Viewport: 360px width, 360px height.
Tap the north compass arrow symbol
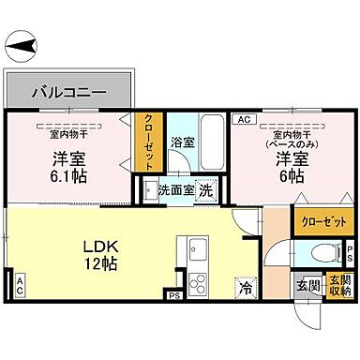22,43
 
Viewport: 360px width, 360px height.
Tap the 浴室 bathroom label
182,143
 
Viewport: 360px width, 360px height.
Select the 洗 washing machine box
205,187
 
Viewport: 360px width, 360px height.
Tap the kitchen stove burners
198,282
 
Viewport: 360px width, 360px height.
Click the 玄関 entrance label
308,285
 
